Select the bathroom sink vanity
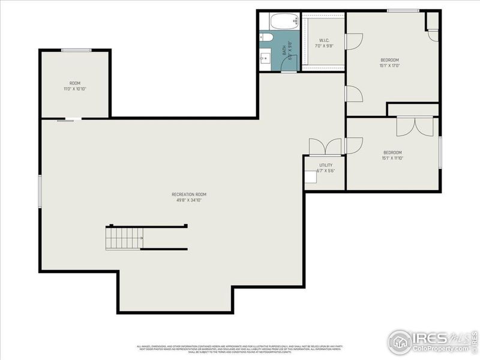pyautogui.click(x=266, y=59)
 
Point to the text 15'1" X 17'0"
pyautogui.click(x=389, y=67)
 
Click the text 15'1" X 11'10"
pyautogui.click(x=392, y=158)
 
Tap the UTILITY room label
pyautogui.click(x=325, y=164)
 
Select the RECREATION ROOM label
pyautogui.click(x=189, y=194)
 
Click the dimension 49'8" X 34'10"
pyautogui.click(x=189, y=201)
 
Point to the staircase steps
pyautogui.click(x=124, y=238)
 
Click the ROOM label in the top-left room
pyautogui.click(x=75, y=83)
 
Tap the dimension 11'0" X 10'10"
pyautogui.click(x=75, y=89)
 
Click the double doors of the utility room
pyautogui.click(x=325, y=148)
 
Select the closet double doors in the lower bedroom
pyautogui.click(x=415, y=126)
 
